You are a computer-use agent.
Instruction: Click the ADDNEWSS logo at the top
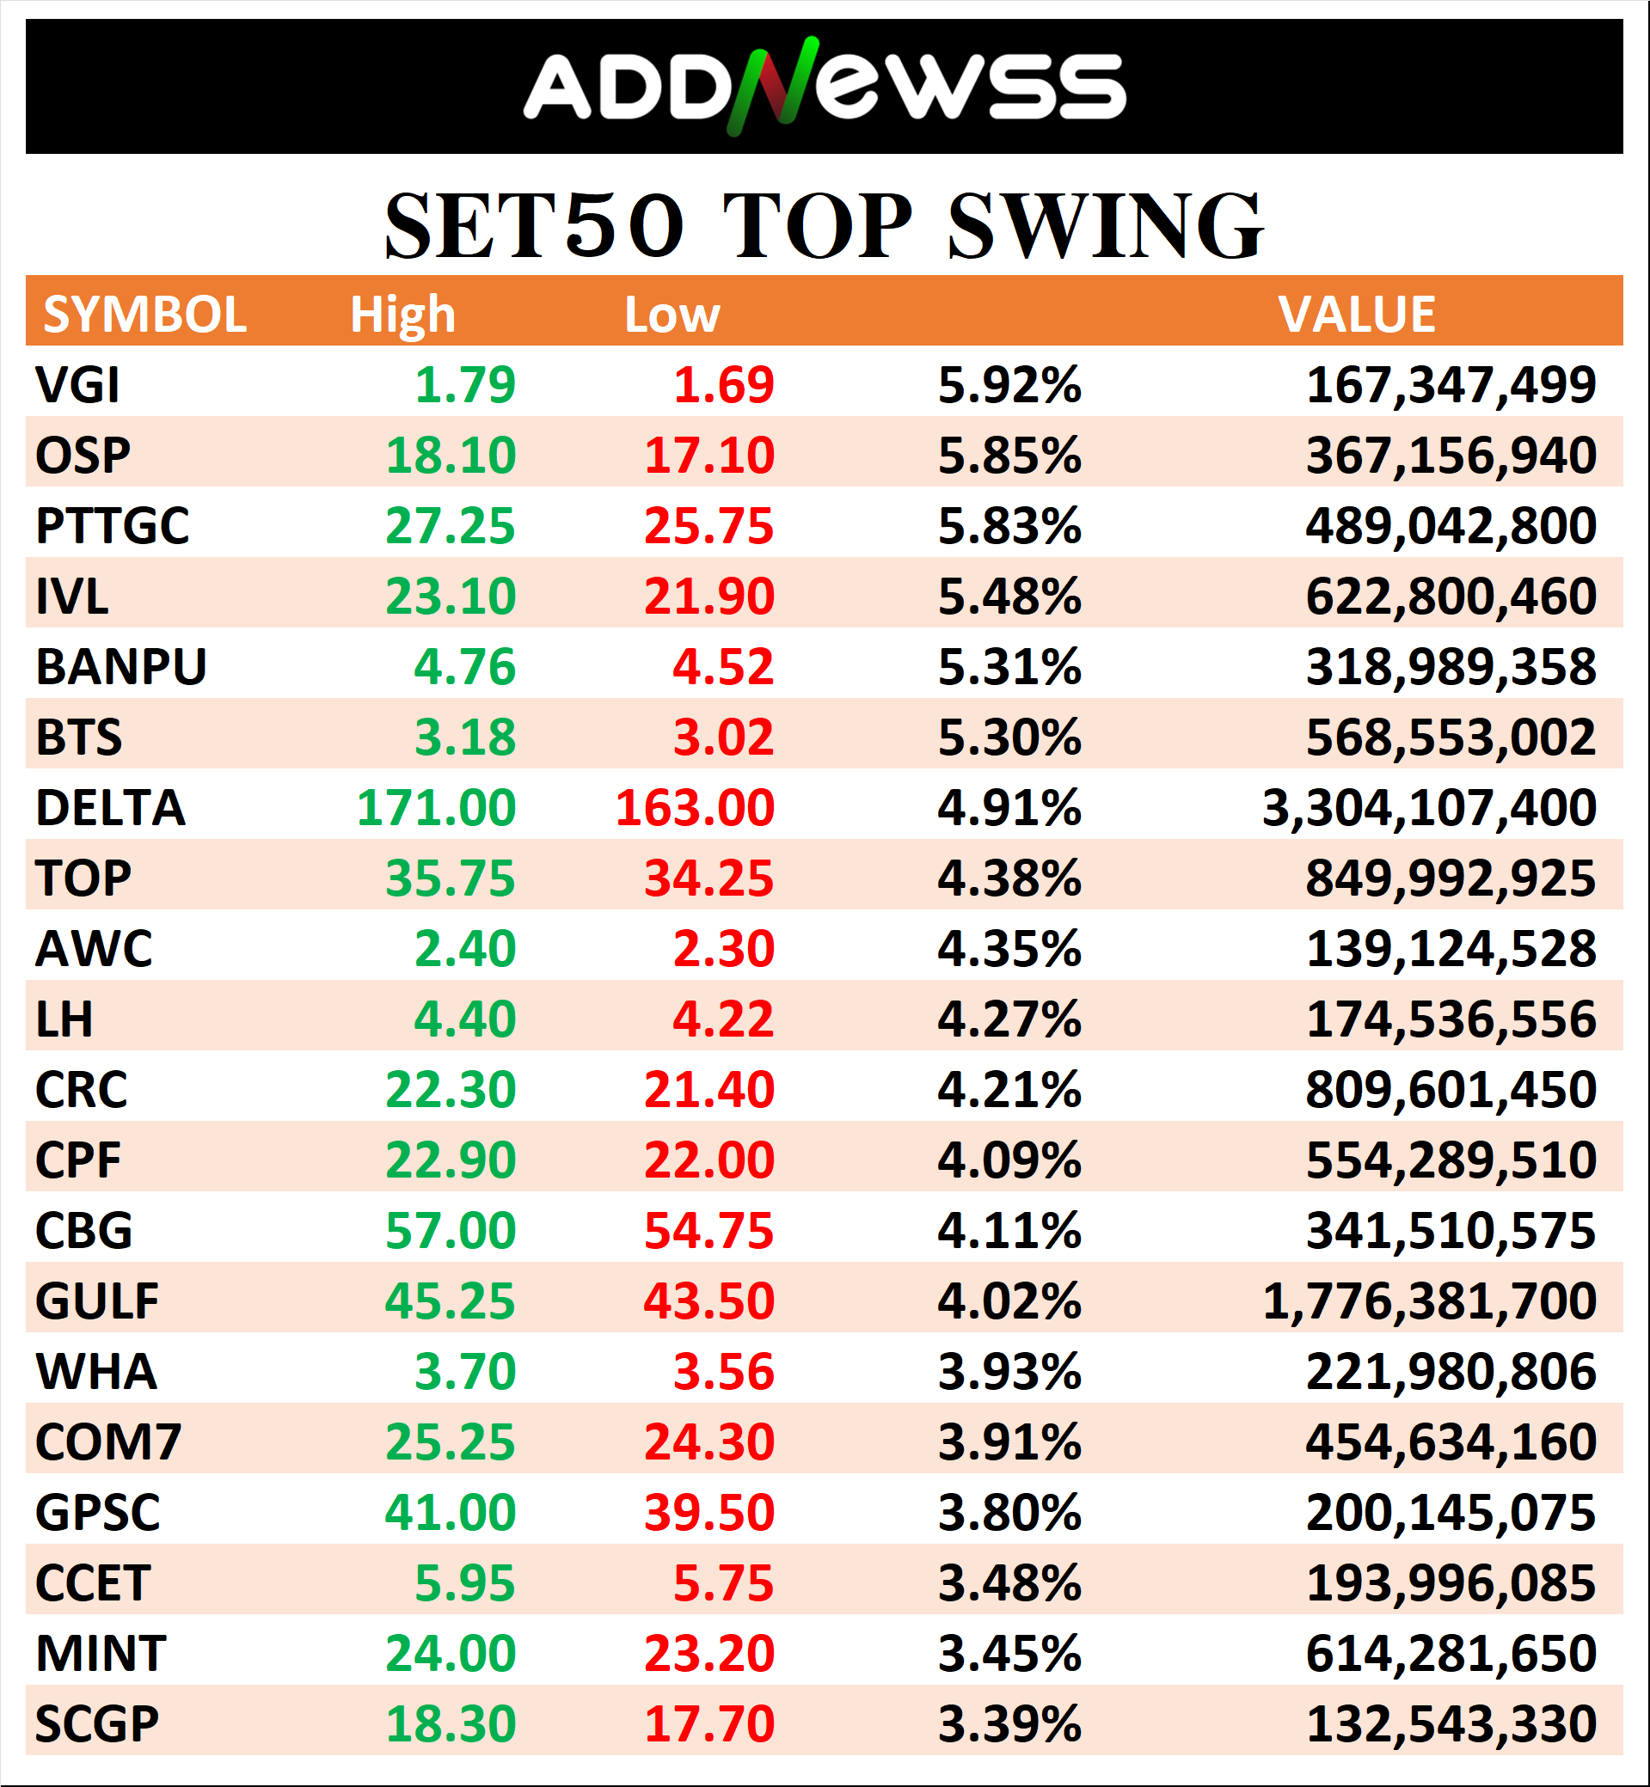tap(823, 87)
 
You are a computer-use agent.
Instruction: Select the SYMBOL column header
tap(144, 315)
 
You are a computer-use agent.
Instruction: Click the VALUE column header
tap(1356, 315)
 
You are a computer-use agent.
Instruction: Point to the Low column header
tap(672, 315)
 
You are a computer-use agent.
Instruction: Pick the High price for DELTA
tap(436, 808)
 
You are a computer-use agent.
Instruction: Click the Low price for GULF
tap(709, 1300)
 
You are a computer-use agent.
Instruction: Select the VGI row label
tap(77, 385)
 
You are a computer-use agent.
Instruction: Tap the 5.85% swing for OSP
tap(1009, 456)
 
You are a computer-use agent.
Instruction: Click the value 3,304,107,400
tap(1428, 808)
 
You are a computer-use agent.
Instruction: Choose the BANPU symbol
tap(121, 667)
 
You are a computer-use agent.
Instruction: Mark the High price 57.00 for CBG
tap(450, 1230)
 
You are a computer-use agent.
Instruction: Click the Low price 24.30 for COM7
tap(709, 1441)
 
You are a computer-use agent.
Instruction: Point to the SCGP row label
tap(97, 1723)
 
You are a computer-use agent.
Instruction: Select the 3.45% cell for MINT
tap(1009, 1653)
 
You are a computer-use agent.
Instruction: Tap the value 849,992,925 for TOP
tap(1450, 878)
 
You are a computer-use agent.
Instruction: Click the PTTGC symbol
tap(113, 526)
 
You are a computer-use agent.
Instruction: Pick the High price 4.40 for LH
tap(464, 1019)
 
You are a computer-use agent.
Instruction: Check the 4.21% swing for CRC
tap(1009, 1089)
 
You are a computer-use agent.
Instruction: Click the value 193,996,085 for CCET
tap(1450, 1582)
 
